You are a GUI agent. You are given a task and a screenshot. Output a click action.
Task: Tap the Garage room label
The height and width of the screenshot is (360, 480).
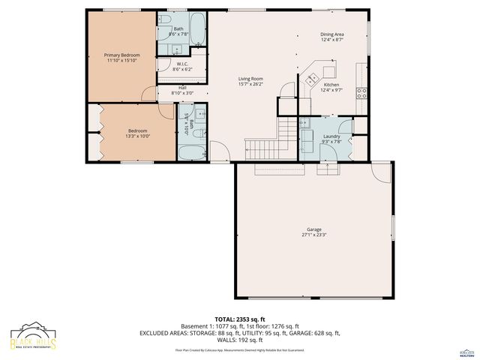(313, 229)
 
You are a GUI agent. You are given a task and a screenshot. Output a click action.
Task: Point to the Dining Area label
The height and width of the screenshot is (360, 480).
(331, 34)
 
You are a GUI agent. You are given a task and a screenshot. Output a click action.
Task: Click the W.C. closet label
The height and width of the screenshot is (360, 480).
(182, 64)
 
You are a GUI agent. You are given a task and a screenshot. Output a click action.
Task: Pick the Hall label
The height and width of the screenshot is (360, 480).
(182, 88)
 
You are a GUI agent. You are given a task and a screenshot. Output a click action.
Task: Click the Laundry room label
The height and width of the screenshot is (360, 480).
(331, 136)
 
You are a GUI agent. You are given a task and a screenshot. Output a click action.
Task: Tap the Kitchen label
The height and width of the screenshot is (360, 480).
(331, 85)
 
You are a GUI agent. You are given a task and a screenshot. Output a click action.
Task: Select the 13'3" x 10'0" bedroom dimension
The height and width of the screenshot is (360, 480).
(137, 136)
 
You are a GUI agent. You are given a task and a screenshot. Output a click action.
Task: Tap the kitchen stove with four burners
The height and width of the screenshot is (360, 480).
(361, 93)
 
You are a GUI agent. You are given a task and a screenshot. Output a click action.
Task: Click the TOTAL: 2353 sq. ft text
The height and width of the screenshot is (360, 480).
(239, 319)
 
